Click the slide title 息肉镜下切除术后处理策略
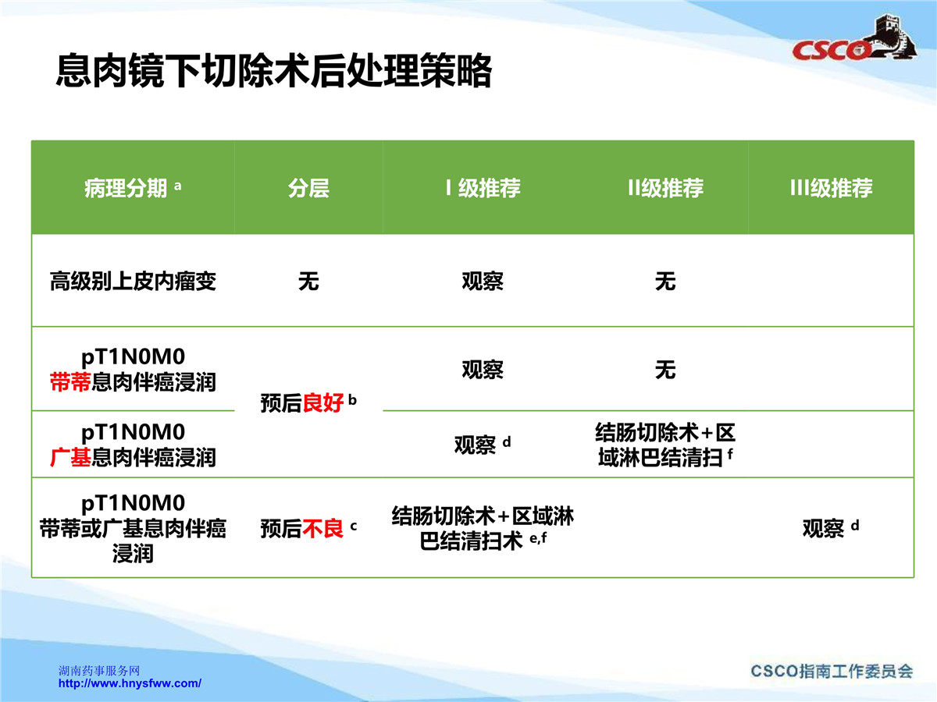pyautogui.click(x=273, y=71)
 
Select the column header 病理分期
pyautogui.click(x=126, y=188)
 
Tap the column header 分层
pyautogui.click(x=308, y=188)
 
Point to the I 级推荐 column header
pyautogui.click(x=483, y=188)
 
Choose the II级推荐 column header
pyautogui.click(x=665, y=188)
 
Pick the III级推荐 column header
pyautogui.click(x=831, y=188)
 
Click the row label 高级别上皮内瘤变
pyautogui.click(x=133, y=282)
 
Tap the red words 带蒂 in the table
pyautogui.click(x=70, y=381)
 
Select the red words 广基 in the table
pyautogui.click(x=70, y=457)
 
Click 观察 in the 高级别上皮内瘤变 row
pyautogui.click(x=483, y=282)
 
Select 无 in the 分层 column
pyautogui.click(x=308, y=282)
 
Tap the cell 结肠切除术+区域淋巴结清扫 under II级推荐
pyautogui.click(x=665, y=445)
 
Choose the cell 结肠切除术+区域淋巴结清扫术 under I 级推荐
pyautogui.click(x=483, y=529)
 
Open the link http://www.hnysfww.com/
pyautogui.click(x=130, y=683)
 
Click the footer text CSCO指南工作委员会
pyautogui.click(x=832, y=672)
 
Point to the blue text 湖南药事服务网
pyautogui.click(x=99, y=671)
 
